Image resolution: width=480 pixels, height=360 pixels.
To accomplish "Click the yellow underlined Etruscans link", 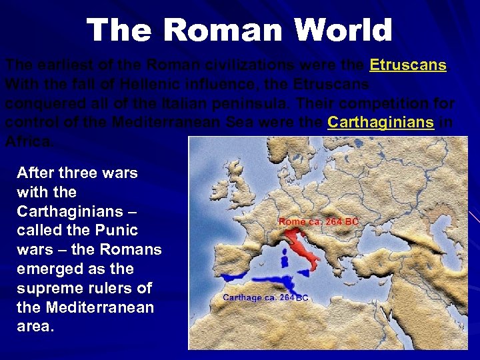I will click(x=407, y=65).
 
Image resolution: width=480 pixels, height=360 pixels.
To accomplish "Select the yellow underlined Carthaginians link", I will click(x=381, y=123).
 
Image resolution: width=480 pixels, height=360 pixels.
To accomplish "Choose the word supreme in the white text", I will click(x=47, y=289).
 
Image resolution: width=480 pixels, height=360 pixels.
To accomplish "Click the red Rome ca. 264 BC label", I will click(x=318, y=222).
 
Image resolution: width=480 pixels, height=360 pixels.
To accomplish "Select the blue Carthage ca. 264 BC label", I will click(x=265, y=298).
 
